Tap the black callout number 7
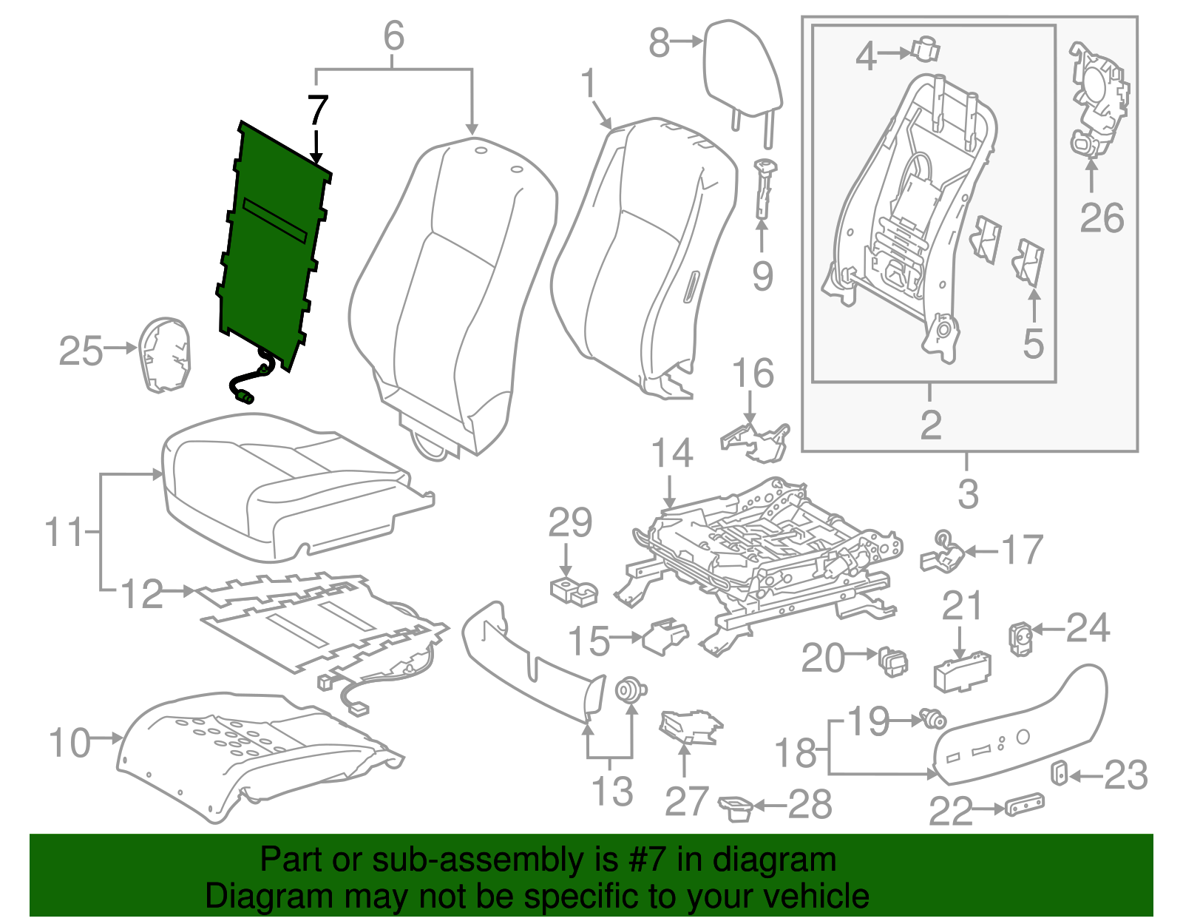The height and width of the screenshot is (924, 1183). [x=317, y=111]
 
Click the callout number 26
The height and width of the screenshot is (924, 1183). [x=1101, y=217]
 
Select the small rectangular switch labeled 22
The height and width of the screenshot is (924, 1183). [x=1025, y=803]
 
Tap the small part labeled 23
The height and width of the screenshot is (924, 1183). [x=1060, y=772]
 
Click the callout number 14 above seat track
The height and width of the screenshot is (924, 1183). [x=671, y=453]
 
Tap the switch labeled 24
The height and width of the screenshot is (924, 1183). [x=1020, y=638]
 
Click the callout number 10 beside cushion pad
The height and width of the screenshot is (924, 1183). [x=70, y=742]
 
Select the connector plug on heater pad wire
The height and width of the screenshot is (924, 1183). [x=243, y=397]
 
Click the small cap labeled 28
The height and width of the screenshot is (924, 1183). [x=736, y=807]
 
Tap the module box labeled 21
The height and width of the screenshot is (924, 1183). [x=963, y=670]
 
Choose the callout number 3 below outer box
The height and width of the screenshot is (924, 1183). [x=967, y=493]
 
